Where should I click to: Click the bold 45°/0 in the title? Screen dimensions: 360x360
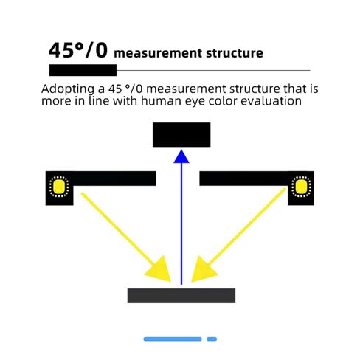[78, 50]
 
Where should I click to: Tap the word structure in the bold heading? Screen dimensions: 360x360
[235, 53]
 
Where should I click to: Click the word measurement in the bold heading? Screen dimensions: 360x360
[159, 53]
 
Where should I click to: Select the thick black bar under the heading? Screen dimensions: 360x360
[83, 70]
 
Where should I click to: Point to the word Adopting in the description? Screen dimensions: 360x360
[68, 89]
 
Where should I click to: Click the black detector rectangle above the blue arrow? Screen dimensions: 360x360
[181, 134]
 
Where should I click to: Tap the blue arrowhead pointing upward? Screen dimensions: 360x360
[181, 156]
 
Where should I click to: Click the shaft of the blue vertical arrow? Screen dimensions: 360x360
[181, 224]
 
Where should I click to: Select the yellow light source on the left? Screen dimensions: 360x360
[59, 187]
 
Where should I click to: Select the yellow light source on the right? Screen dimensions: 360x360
[301, 187]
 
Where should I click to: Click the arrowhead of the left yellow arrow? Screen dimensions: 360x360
[160, 271]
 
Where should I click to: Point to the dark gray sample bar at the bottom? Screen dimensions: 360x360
[181, 296]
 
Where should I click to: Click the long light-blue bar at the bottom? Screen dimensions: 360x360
[173, 339]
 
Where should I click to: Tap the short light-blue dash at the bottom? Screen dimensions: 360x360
[212, 339]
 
